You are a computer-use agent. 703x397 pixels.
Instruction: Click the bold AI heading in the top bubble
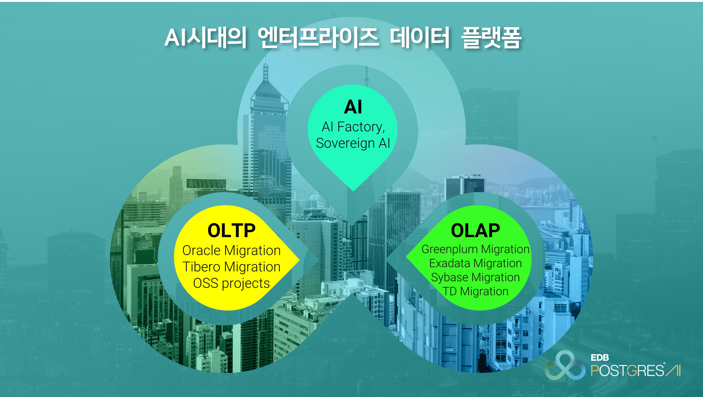coord(353,107)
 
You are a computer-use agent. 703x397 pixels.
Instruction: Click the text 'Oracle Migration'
coord(231,250)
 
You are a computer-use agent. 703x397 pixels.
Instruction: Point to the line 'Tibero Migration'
coord(231,267)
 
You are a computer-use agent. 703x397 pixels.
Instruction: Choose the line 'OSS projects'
coord(231,283)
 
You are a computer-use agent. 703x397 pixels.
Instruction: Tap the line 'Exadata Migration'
coord(475,263)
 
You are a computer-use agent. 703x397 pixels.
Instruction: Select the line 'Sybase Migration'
coord(475,277)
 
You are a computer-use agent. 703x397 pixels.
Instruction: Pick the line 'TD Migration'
coord(475,291)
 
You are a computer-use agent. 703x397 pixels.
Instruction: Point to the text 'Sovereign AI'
coord(353,143)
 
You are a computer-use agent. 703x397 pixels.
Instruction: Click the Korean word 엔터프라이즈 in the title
coord(318,38)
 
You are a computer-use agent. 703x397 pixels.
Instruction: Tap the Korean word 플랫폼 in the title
coord(491,38)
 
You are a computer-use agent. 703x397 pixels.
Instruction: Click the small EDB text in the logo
coord(599,357)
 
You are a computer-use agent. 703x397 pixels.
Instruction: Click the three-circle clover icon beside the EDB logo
coord(565,365)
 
